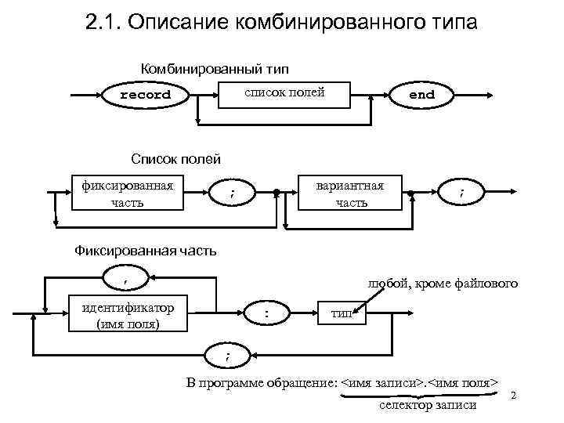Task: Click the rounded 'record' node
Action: tap(145, 95)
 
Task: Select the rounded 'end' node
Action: tap(421, 95)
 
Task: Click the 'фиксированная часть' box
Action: tap(128, 193)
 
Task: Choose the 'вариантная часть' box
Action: tap(349, 193)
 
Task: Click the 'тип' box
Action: tap(342, 313)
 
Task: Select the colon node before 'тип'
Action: tap(266, 313)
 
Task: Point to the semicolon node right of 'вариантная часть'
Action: tap(461, 193)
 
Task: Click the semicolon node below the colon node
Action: tap(228, 356)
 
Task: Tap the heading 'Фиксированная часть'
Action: tap(144, 251)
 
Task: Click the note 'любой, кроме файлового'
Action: tap(447, 284)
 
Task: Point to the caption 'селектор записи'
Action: tap(428, 406)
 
